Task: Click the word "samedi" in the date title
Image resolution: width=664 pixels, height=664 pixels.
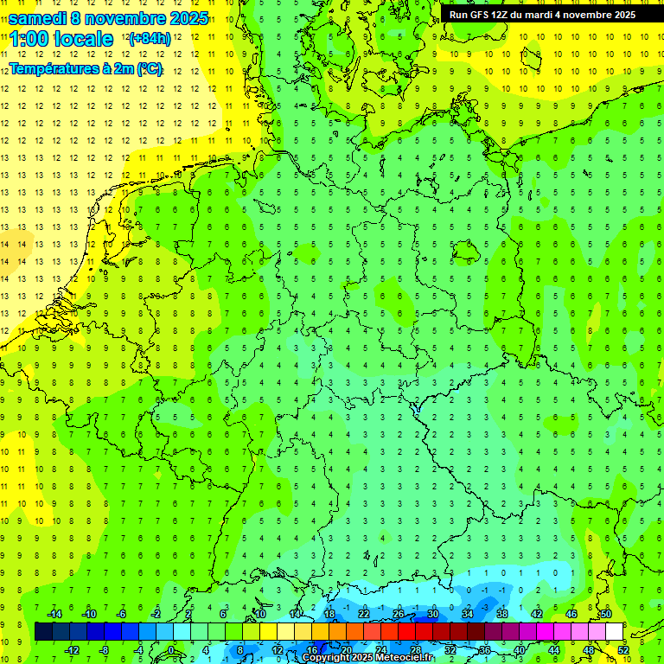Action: tap(37, 18)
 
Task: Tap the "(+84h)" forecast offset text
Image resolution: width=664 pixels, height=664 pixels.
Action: tap(150, 39)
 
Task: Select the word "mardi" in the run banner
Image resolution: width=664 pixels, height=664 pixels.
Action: tap(546, 15)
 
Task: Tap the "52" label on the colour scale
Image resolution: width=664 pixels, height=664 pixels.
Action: tap(623, 650)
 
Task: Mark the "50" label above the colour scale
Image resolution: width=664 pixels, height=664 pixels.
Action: tap(606, 614)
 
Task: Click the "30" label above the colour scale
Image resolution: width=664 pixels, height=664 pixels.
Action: tap(433, 614)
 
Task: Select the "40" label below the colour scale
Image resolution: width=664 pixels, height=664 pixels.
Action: tap(520, 650)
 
